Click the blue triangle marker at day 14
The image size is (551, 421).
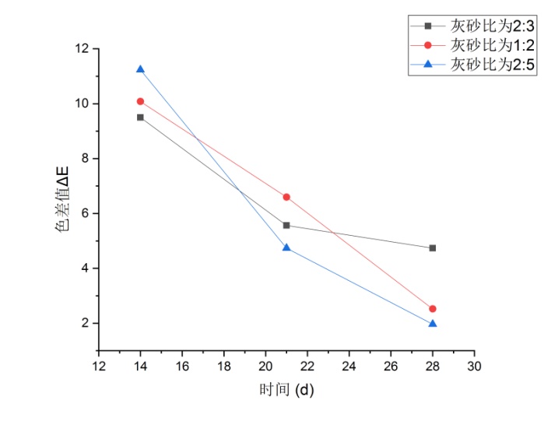click(140, 69)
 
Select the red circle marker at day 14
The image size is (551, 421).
click(140, 101)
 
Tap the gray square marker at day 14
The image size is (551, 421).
click(140, 118)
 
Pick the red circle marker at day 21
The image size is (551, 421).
click(286, 197)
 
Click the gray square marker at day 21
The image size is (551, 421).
click(286, 226)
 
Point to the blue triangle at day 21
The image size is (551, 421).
click(286, 247)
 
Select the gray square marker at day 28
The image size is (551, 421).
click(433, 248)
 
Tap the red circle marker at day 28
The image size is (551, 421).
click(433, 309)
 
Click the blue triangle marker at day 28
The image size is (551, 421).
click(433, 323)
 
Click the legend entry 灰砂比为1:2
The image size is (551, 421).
click(492, 44)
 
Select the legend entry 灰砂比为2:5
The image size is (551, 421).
click(492, 65)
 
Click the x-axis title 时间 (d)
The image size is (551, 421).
click(286, 389)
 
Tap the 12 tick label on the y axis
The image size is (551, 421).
click(82, 49)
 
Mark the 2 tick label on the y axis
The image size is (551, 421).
click(85, 324)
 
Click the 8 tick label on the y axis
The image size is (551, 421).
click(85, 159)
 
